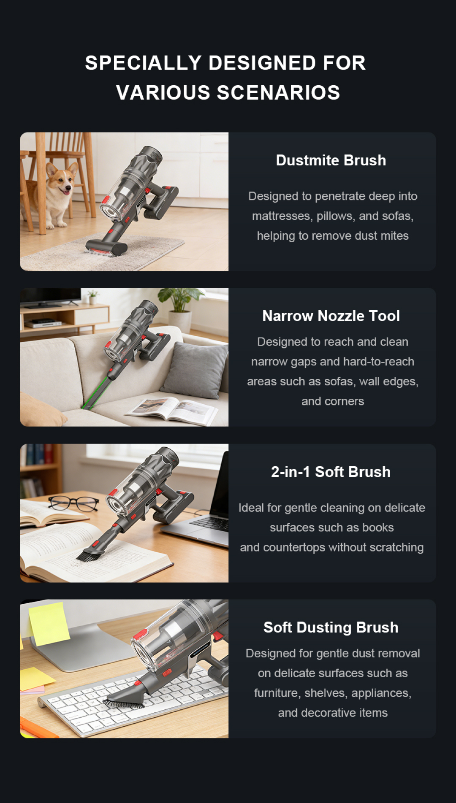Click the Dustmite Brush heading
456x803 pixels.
[331, 160]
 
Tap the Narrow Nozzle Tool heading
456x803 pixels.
[331, 316]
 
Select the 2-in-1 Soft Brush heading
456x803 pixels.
[331, 472]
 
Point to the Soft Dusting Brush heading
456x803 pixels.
[331, 627]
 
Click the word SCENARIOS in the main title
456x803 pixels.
[279, 93]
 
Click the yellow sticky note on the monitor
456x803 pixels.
[48, 623]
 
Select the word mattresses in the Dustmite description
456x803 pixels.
[281, 216]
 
